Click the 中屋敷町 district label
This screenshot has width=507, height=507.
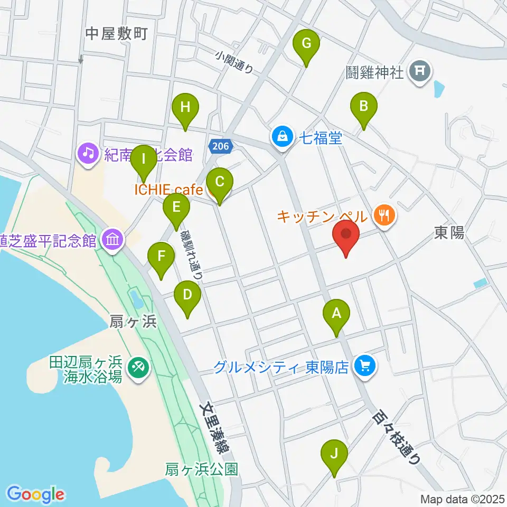coord(116,34)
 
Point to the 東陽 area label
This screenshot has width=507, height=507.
coord(449,232)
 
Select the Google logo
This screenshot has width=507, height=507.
coord(36,494)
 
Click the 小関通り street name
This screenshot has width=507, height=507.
coord(235,62)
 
